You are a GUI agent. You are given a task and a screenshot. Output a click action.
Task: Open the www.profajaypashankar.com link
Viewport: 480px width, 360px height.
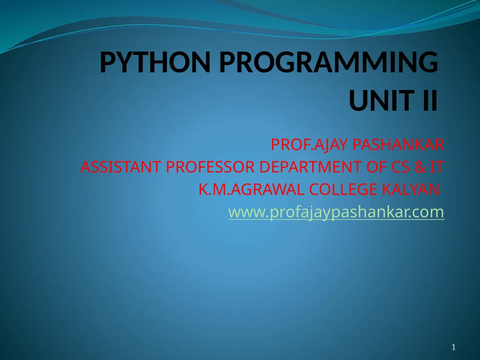point(336,213)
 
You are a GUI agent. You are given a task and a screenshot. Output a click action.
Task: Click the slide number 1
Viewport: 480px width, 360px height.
point(453,347)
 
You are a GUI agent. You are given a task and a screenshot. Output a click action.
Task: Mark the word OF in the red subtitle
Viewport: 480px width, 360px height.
point(376,167)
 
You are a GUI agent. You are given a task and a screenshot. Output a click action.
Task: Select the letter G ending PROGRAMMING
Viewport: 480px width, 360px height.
point(427,63)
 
